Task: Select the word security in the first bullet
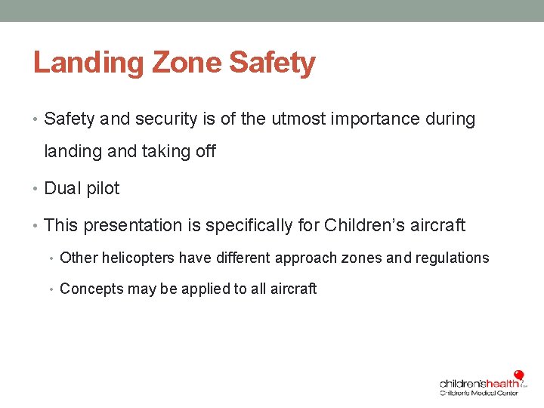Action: pyautogui.click(x=168, y=119)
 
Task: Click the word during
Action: pyautogui.click(x=452, y=119)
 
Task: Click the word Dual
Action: pyautogui.click(x=61, y=189)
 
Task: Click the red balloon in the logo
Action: pyautogui.click(x=518, y=376)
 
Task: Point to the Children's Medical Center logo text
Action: pyautogui.click(x=479, y=393)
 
